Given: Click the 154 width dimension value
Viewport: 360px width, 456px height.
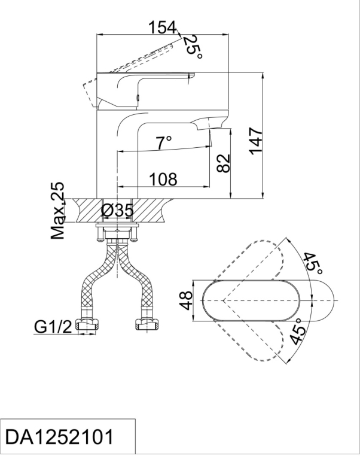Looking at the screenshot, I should point(163,27).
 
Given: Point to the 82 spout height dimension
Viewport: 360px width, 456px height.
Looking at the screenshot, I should point(222,163).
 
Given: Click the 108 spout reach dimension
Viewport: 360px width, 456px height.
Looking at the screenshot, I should point(162,179).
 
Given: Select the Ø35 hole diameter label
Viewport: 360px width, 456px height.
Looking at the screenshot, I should point(117,210).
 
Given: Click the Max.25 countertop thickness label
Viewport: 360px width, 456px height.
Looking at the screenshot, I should point(58,211).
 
